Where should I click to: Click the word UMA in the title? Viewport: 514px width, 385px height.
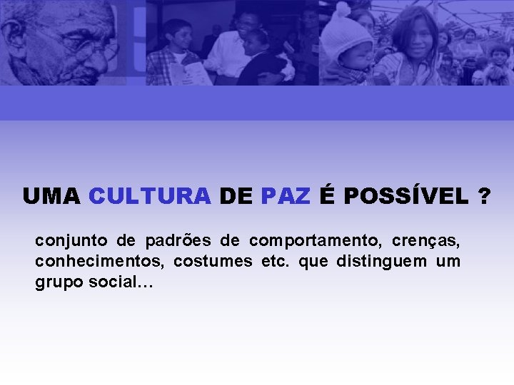pos(51,196)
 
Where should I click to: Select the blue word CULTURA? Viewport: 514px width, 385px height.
pos(150,196)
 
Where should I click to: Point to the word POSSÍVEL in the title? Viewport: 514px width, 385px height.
pos(405,196)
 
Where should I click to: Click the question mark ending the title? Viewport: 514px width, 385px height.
pos(485,196)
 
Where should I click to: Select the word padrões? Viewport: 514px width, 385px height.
pos(175,240)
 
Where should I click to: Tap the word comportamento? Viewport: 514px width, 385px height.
pos(314,240)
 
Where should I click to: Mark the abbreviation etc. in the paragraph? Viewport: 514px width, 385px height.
pos(276,262)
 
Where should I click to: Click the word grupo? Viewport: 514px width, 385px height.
pos(59,283)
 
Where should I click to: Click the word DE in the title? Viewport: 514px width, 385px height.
pos(236,196)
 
